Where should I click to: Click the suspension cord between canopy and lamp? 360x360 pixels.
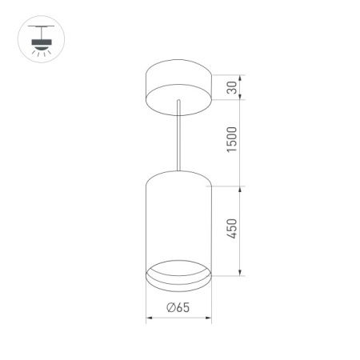click(178, 136)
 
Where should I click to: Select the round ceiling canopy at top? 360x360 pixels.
click(177, 86)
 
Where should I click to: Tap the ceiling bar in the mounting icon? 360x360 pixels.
click(36, 26)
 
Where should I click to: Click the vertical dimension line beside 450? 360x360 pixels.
click(241, 232)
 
